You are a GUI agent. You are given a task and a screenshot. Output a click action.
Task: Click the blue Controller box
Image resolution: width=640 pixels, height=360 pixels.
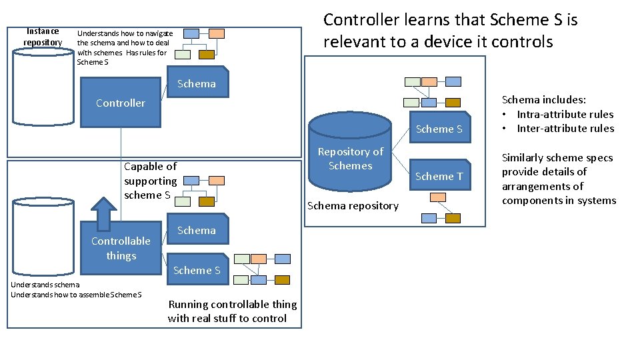pos(120,103)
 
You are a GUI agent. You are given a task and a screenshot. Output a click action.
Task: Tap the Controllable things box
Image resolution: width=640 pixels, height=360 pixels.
pos(121,248)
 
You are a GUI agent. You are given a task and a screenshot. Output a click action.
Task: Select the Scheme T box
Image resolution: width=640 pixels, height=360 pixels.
pos(439,176)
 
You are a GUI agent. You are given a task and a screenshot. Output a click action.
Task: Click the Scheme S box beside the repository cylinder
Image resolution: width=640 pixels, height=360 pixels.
pos(439,129)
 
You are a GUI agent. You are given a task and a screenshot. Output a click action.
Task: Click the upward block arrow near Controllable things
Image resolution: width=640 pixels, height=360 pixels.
pos(103,212)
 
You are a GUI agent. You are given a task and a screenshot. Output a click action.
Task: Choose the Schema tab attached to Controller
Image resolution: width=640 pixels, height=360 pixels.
pos(196,83)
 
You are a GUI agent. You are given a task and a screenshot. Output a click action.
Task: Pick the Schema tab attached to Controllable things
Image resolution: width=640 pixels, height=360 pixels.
pos(196,230)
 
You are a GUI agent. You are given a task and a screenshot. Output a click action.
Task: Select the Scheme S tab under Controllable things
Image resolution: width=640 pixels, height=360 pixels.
pos(197,270)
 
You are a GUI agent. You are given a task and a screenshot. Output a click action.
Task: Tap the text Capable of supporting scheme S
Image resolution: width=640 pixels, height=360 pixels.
pos(150,181)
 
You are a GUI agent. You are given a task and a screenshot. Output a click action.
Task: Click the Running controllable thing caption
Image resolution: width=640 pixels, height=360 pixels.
pos(232,311)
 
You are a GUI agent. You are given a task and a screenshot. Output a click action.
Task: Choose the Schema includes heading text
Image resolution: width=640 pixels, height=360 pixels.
pos(543,100)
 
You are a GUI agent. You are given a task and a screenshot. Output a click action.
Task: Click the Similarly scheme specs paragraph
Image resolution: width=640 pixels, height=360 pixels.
pos(559,179)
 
